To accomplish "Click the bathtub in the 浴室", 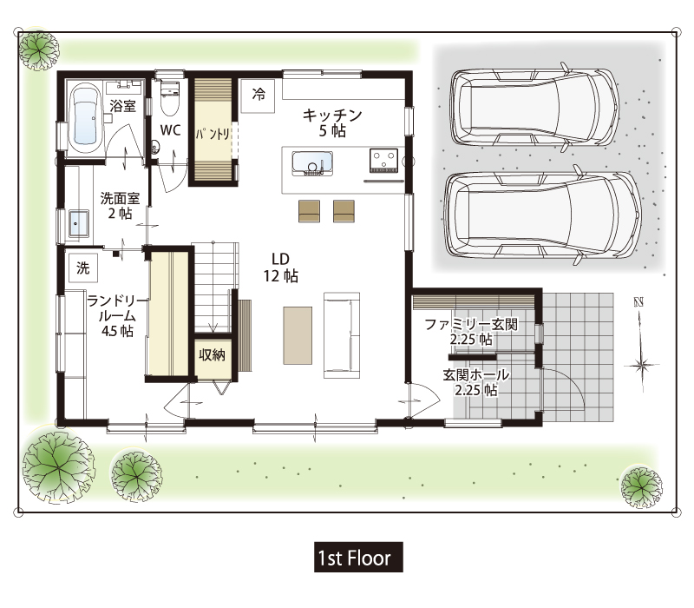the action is click(x=86, y=116).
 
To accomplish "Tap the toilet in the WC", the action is click(x=170, y=97).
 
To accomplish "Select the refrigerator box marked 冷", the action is click(x=258, y=96).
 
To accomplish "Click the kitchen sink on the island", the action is click(x=312, y=163).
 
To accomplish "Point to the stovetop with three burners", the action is click(x=383, y=161).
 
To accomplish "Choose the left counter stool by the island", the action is click(x=309, y=211).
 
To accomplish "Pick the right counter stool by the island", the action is click(x=344, y=211).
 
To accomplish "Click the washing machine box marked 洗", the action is click(x=83, y=268).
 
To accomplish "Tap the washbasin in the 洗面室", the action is click(x=78, y=224).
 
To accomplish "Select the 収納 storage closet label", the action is click(x=212, y=355).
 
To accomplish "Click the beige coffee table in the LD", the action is click(x=298, y=335).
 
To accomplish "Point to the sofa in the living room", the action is click(x=341, y=335).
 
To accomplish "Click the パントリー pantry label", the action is click(x=213, y=134).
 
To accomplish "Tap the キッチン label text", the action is click(x=332, y=116).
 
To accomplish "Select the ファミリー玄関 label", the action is click(x=471, y=324).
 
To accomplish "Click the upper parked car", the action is click(x=534, y=107).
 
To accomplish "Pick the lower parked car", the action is click(x=543, y=215).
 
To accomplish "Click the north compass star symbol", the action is click(x=640, y=366).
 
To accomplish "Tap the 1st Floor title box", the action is click(x=358, y=557).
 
